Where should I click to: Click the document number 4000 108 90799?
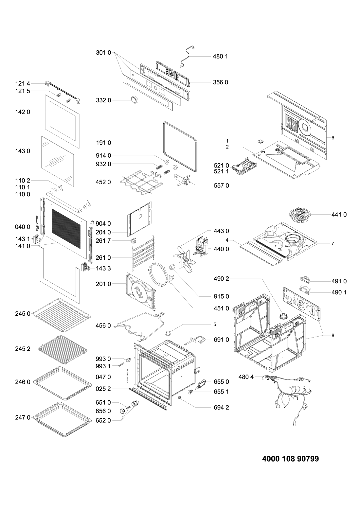click(290, 459)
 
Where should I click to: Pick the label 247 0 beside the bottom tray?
click(23, 417)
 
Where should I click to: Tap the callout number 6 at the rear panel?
click(333, 138)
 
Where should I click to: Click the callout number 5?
click(215, 325)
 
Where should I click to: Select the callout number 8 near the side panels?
click(333, 335)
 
